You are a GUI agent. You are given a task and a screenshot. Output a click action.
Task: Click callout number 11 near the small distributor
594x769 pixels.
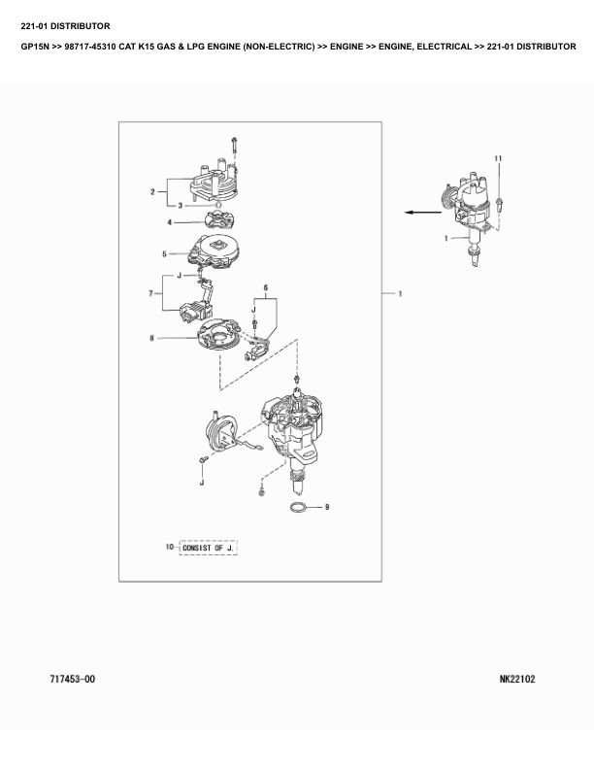click(x=498, y=158)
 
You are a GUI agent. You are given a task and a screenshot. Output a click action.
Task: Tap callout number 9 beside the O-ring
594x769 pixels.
click(x=327, y=507)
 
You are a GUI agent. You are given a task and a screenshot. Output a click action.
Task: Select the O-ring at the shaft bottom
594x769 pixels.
click(x=299, y=508)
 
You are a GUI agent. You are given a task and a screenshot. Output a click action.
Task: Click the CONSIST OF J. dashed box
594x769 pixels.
click(x=209, y=548)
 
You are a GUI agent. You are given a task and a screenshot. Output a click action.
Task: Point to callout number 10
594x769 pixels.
click(x=170, y=547)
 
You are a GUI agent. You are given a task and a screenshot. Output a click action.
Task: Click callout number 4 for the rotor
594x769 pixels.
click(x=170, y=222)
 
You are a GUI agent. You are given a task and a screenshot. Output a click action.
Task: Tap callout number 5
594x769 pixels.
click(x=165, y=254)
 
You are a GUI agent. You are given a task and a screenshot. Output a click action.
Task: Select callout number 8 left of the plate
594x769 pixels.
click(x=152, y=338)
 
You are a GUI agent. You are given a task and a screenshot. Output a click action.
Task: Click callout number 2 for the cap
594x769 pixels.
click(x=152, y=191)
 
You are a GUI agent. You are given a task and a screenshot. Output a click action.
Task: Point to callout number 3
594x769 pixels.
click(x=180, y=206)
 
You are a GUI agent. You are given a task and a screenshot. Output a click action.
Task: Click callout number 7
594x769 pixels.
click(x=151, y=293)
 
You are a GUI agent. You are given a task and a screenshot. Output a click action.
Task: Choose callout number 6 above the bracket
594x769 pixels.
click(x=266, y=286)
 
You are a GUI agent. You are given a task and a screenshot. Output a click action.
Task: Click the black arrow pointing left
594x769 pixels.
click(x=423, y=212)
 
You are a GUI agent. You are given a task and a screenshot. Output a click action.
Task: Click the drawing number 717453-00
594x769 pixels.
click(x=73, y=679)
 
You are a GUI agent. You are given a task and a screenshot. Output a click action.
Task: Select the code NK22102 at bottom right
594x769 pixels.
click(x=517, y=679)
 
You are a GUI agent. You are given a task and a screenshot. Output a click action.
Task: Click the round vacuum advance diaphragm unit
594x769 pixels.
click(x=220, y=431)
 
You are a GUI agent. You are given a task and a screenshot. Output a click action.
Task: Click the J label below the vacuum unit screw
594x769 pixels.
click(x=202, y=483)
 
